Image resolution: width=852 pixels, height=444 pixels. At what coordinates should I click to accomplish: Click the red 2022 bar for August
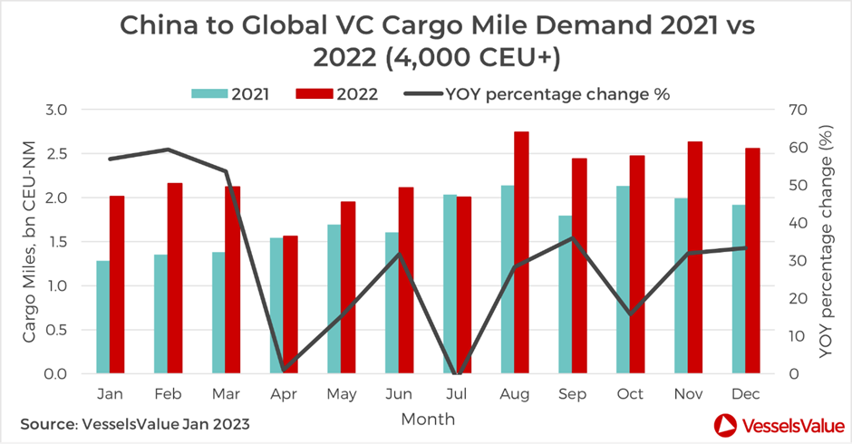[521, 253]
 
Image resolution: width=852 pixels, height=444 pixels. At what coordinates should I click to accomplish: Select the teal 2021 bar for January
[102, 317]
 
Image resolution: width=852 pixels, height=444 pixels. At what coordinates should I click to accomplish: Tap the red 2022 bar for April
[290, 304]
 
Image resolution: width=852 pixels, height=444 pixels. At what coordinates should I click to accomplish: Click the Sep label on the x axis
[572, 394]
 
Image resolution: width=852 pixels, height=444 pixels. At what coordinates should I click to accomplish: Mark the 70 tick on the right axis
[799, 110]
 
